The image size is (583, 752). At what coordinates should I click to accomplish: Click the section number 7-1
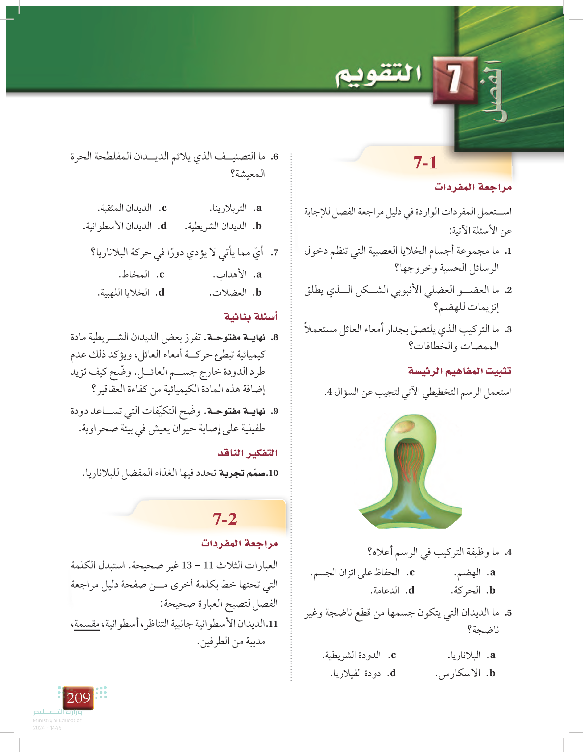click(425, 162)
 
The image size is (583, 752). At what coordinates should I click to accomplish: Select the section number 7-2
click(225, 519)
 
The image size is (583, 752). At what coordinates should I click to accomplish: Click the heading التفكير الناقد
click(247, 453)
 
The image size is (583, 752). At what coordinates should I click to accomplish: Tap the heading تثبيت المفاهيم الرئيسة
click(459, 371)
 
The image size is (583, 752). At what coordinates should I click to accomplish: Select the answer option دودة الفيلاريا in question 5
click(356, 673)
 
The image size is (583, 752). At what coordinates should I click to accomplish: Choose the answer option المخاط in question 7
click(134, 275)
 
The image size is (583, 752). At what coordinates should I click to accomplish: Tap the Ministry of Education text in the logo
click(57, 720)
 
